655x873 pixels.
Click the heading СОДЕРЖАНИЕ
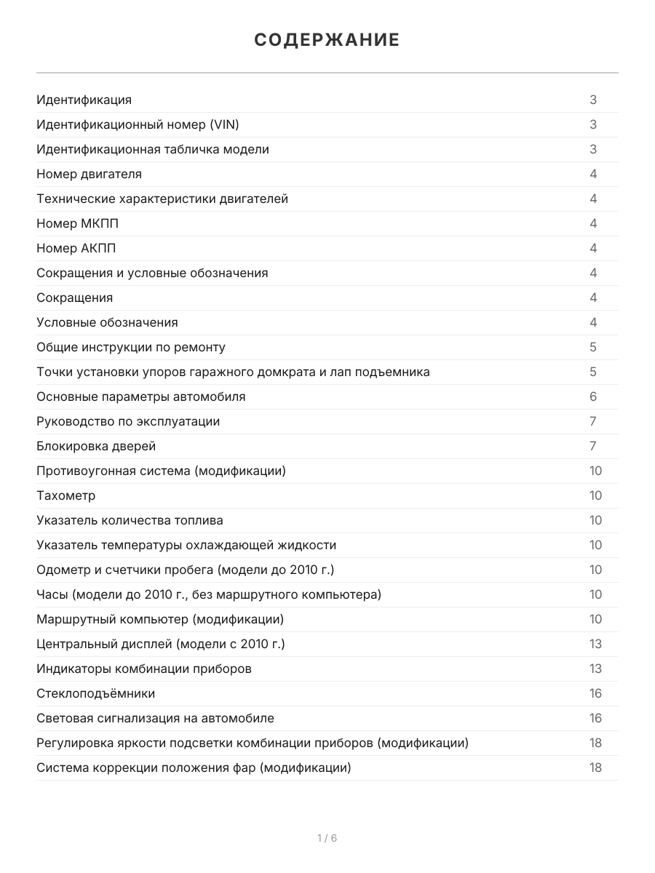coord(327,40)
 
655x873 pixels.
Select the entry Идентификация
coord(84,100)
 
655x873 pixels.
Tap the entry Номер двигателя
coord(89,174)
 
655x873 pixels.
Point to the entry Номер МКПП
coord(77,223)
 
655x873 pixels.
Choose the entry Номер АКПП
coord(76,248)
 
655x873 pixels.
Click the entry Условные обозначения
coord(107,322)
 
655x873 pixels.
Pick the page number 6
coord(593,396)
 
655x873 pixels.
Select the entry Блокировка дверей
coord(96,446)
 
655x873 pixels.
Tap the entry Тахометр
coord(65,495)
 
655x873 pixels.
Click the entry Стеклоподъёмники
coord(95,693)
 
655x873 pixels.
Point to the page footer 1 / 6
coord(327,838)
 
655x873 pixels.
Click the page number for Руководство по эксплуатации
coord(593,421)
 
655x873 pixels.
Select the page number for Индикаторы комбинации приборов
coord(595,669)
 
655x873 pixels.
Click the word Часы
coord(51,594)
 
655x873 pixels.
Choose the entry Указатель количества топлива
coord(130,520)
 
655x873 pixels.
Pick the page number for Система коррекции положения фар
coord(595,768)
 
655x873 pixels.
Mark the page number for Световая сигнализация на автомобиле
coord(595,718)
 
